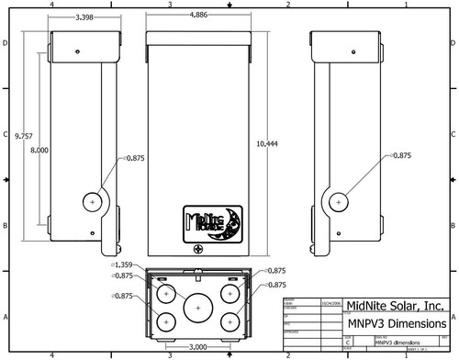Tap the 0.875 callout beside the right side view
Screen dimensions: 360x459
[400, 156]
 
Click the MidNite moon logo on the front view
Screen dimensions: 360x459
[212, 222]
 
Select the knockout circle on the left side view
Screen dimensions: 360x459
[95, 201]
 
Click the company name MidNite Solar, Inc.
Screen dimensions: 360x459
[394, 307]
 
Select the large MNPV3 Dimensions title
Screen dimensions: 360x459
[396, 324]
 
